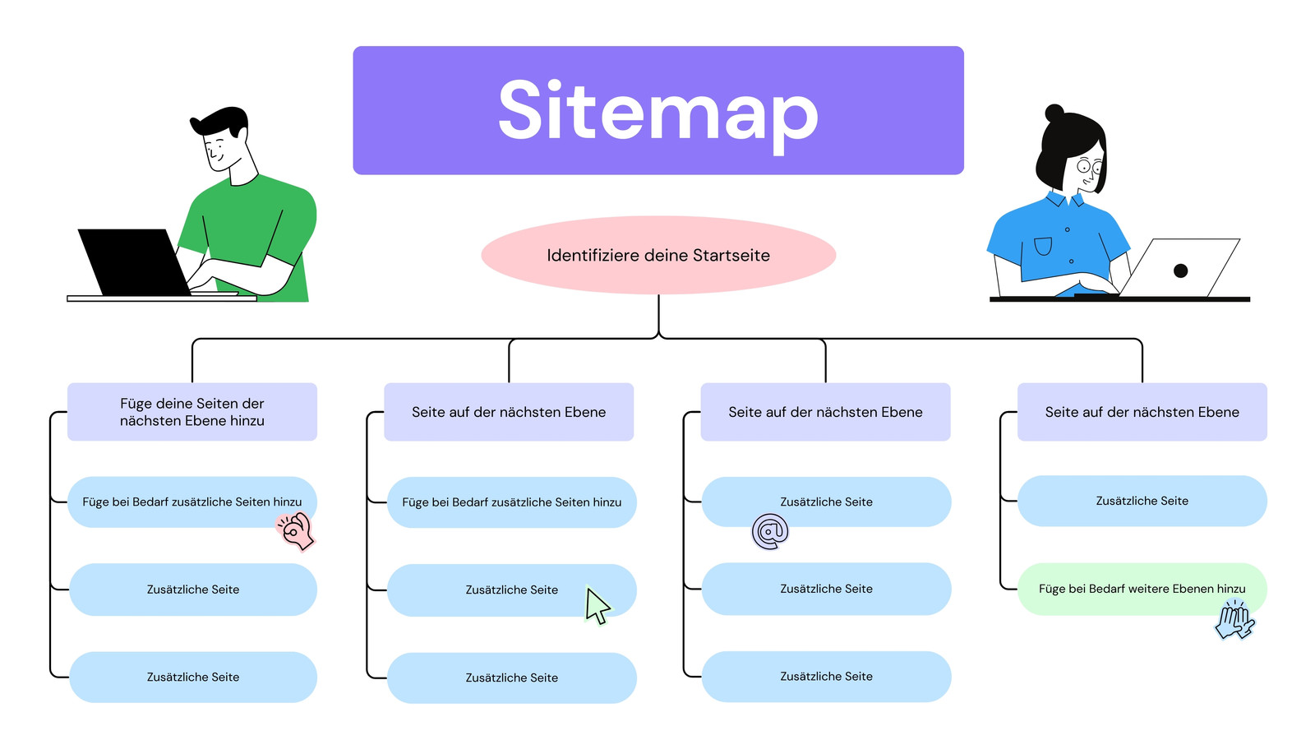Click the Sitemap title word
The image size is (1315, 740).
pos(657,111)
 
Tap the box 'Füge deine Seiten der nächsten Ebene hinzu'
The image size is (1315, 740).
pos(191,412)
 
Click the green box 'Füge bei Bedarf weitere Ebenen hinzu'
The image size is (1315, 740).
pos(1142,589)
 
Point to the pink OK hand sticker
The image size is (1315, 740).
pos(296,530)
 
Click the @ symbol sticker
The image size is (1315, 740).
pos(770,532)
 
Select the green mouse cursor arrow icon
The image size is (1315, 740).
pos(597,607)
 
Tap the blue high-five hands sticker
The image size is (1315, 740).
pos(1234,620)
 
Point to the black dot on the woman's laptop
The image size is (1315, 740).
pos(1180,271)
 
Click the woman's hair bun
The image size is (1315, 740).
pos(1054,113)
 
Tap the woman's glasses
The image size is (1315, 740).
pos(1089,166)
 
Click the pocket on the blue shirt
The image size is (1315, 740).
pos(1043,246)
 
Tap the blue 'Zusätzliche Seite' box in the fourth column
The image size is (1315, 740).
pos(1142,501)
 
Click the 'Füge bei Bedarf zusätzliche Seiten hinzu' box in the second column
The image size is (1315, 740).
pos(511,502)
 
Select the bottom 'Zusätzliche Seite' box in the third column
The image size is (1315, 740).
pos(826,677)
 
